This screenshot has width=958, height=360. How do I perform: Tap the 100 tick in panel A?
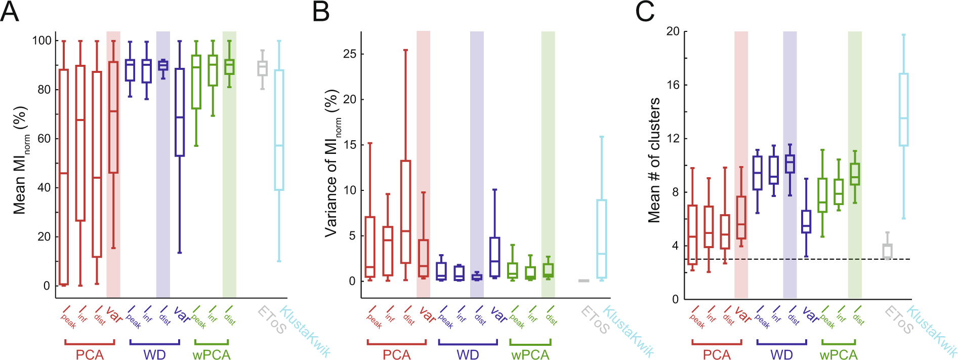click(41, 40)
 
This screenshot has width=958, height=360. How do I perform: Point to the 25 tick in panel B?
click(350, 54)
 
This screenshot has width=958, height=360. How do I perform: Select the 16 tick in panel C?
click(673, 85)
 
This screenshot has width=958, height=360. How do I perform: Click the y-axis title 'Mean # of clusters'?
click(654, 160)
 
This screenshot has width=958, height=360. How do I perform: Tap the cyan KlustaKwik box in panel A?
click(279, 130)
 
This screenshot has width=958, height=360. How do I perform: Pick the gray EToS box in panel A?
click(262, 68)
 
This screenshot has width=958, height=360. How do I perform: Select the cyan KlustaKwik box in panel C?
click(903, 109)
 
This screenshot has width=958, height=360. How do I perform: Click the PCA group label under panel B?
click(396, 355)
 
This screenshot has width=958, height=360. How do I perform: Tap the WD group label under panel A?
click(154, 355)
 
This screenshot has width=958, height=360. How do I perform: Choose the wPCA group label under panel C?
click(839, 355)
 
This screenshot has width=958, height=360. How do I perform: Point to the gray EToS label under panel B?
click(595, 320)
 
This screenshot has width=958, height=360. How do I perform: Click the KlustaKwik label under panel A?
click(305, 332)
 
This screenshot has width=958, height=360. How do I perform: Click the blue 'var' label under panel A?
click(182, 314)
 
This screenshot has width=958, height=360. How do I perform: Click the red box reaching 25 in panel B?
click(405, 212)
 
